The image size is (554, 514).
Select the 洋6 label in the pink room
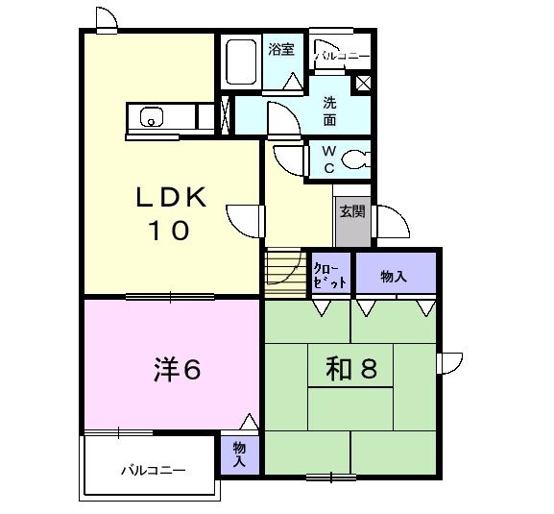178,371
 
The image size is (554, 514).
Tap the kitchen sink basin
152,118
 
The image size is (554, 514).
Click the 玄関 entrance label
350,211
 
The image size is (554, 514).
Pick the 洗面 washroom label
329,111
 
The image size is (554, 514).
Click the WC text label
327,159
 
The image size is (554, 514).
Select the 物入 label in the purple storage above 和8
394,276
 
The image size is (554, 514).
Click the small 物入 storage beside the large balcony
239,454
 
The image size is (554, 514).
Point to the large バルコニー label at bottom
153,471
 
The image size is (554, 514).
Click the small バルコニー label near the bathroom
343,58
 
